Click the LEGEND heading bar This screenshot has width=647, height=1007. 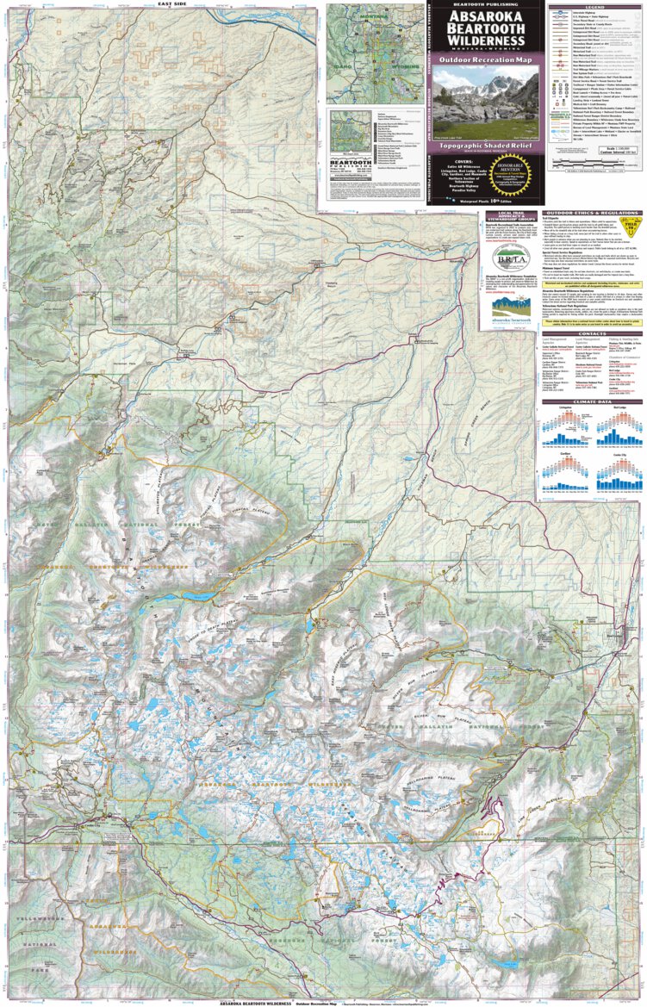point(594,4)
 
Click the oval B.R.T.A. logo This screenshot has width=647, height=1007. point(506,258)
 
